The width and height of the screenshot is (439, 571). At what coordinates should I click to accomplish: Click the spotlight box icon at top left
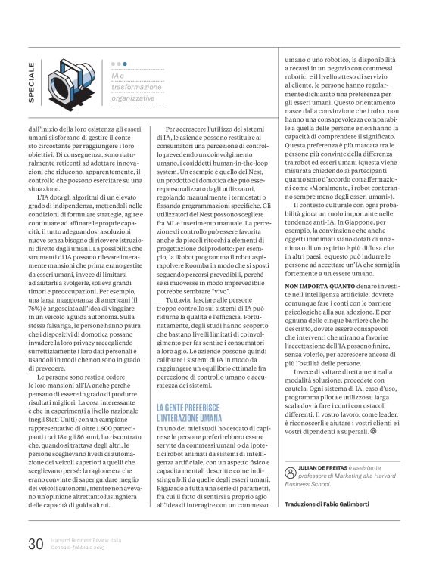click(x=71, y=82)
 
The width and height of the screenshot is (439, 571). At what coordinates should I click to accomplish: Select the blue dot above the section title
click(x=126, y=65)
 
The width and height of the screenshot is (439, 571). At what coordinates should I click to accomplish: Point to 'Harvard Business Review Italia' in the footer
click(x=89, y=539)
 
